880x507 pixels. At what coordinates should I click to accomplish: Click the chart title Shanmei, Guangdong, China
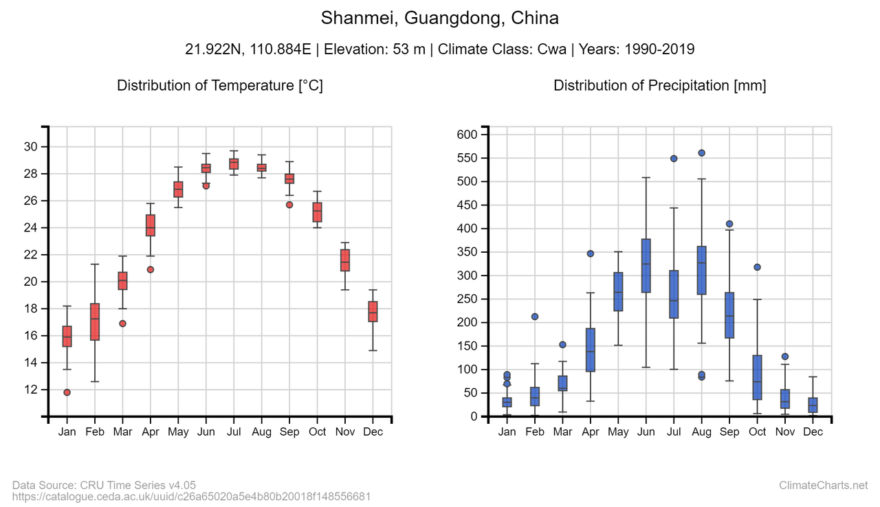pyautogui.click(x=439, y=18)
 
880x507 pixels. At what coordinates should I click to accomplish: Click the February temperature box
pyautogui.click(x=95, y=322)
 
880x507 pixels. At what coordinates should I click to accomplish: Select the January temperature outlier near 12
pyautogui.click(x=67, y=392)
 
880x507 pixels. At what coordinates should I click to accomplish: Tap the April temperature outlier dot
pyautogui.click(x=151, y=269)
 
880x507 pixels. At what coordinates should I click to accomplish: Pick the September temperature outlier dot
pyautogui.click(x=289, y=205)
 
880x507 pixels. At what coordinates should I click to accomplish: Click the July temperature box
pyautogui.click(x=234, y=164)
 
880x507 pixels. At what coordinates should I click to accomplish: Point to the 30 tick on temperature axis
pyautogui.click(x=30, y=146)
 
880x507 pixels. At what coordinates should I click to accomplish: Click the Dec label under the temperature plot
pyautogui.click(x=373, y=431)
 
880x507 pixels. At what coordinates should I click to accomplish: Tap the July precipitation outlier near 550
pyautogui.click(x=674, y=159)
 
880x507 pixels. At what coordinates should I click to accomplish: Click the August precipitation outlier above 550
pyautogui.click(x=702, y=153)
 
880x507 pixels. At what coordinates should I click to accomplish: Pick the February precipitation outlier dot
pyautogui.click(x=535, y=317)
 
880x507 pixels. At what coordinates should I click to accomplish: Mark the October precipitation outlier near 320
pyautogui.click(x=758, y=267)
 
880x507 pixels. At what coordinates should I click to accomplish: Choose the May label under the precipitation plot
pyautogui.click(x=618, y=431)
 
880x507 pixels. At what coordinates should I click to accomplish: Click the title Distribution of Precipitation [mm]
pyautogui.click(x=659, y=85)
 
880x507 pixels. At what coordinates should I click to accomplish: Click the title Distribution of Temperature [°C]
pyautogui.click(x=219, y=85)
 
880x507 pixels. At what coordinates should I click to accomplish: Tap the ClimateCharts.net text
pyautogui.click(x=823, y=485)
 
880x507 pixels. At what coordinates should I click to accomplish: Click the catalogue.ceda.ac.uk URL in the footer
pyautogui.click(x=192, y=496)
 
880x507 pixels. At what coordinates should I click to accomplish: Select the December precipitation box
pyautogui.click(x=813, y=405)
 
